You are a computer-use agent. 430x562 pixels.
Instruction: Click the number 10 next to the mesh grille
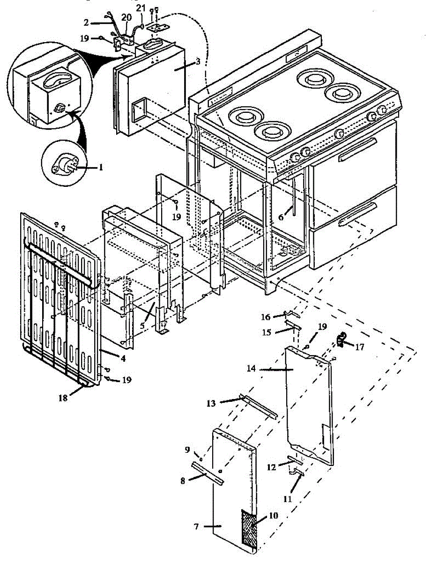click(274, 515)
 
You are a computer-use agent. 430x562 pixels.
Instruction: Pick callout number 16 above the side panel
click(266, 317)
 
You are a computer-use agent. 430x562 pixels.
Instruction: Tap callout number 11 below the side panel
click(287, 499)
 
